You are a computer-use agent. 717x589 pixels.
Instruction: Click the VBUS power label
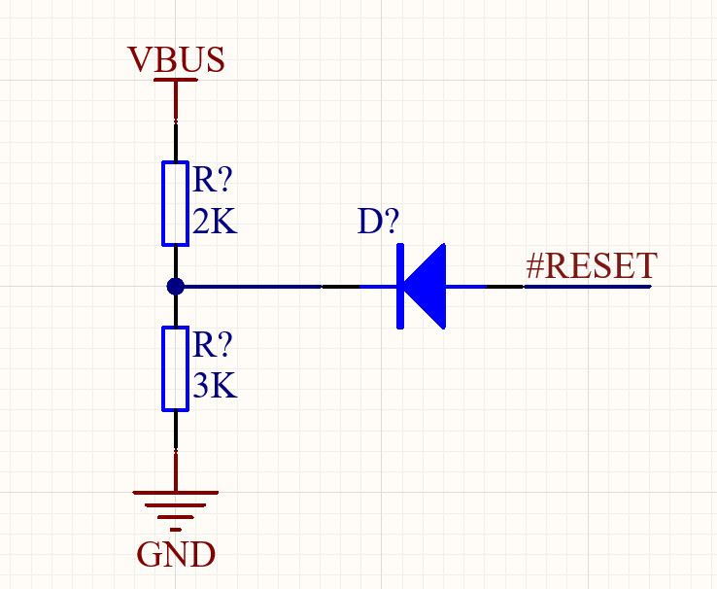176,59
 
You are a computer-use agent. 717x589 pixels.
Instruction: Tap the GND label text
176,554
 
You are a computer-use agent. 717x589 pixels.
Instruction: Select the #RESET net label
592,265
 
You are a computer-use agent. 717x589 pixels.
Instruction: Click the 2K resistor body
176,203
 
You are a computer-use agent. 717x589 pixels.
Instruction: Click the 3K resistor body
176,368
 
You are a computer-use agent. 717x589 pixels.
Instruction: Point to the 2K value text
215,222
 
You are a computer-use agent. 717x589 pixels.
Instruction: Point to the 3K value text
215,385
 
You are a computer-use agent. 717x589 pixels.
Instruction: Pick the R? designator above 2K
213,180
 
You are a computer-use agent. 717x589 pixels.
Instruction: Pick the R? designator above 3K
213,344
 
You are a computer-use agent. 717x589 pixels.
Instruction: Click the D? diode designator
378,222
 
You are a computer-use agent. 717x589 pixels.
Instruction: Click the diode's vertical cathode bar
400,287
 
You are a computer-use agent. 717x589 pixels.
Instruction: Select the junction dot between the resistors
176,287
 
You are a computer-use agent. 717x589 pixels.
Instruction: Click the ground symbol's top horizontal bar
176,493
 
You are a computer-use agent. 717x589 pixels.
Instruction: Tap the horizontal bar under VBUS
176,80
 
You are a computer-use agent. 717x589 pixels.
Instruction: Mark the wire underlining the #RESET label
588,287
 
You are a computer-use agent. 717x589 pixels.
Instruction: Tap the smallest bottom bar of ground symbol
176,530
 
